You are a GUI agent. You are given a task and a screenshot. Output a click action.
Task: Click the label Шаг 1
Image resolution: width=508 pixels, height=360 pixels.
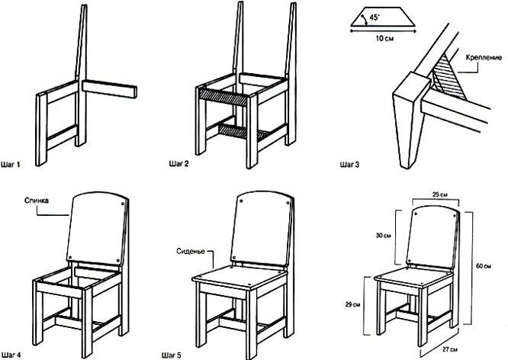(14, 162)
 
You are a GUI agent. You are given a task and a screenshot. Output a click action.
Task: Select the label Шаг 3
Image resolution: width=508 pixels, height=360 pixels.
(350, 162)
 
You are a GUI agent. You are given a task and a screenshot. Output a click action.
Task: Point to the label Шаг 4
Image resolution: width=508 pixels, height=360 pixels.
(14, 353)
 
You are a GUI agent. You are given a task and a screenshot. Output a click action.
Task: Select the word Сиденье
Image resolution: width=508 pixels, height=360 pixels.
(189, 249)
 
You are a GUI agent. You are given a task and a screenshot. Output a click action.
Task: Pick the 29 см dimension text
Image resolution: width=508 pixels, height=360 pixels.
(351, 304)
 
